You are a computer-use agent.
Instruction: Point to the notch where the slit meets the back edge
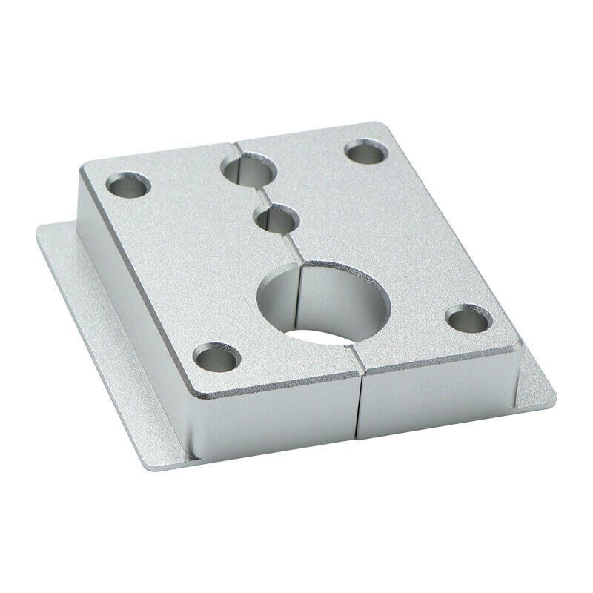pos(235,138)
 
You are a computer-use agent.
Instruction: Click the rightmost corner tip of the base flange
pos(555,391)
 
